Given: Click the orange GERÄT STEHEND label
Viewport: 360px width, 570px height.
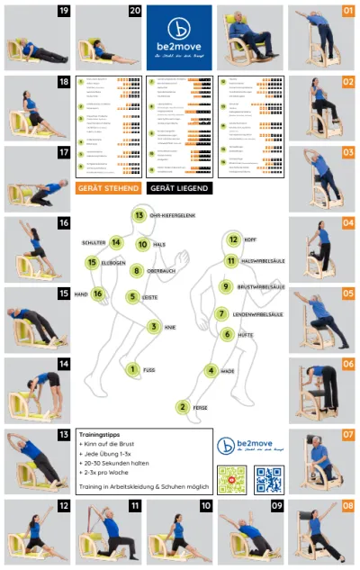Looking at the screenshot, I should (109, 188).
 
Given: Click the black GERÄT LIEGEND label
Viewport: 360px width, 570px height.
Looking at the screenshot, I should (180, 188).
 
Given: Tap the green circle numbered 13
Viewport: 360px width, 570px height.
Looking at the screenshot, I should (139, 215).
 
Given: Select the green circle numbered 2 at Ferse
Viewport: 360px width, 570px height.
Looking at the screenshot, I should (183, 407).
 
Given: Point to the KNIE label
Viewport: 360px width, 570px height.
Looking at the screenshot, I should (169, 328).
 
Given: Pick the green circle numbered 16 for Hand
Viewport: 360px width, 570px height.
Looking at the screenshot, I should (98, 294).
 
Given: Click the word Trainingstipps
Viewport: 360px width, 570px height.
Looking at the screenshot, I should (101, 433).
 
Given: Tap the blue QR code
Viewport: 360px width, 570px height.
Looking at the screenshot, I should (269, 478).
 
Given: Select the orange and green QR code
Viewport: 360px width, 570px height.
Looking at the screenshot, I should (232, 478).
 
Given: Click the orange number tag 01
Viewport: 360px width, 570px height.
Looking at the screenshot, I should (347, 12).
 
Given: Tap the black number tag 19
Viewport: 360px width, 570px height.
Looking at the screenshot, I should (64, 11).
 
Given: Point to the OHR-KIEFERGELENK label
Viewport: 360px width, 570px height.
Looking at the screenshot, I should (174, 216).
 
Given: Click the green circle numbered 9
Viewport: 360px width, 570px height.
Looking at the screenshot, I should (226, 286).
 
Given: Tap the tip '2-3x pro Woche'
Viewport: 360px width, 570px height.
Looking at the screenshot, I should (106, 472).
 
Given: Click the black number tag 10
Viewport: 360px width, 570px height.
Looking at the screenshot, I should (206, 506).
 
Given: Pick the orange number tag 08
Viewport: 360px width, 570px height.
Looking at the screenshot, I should (347, 506).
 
